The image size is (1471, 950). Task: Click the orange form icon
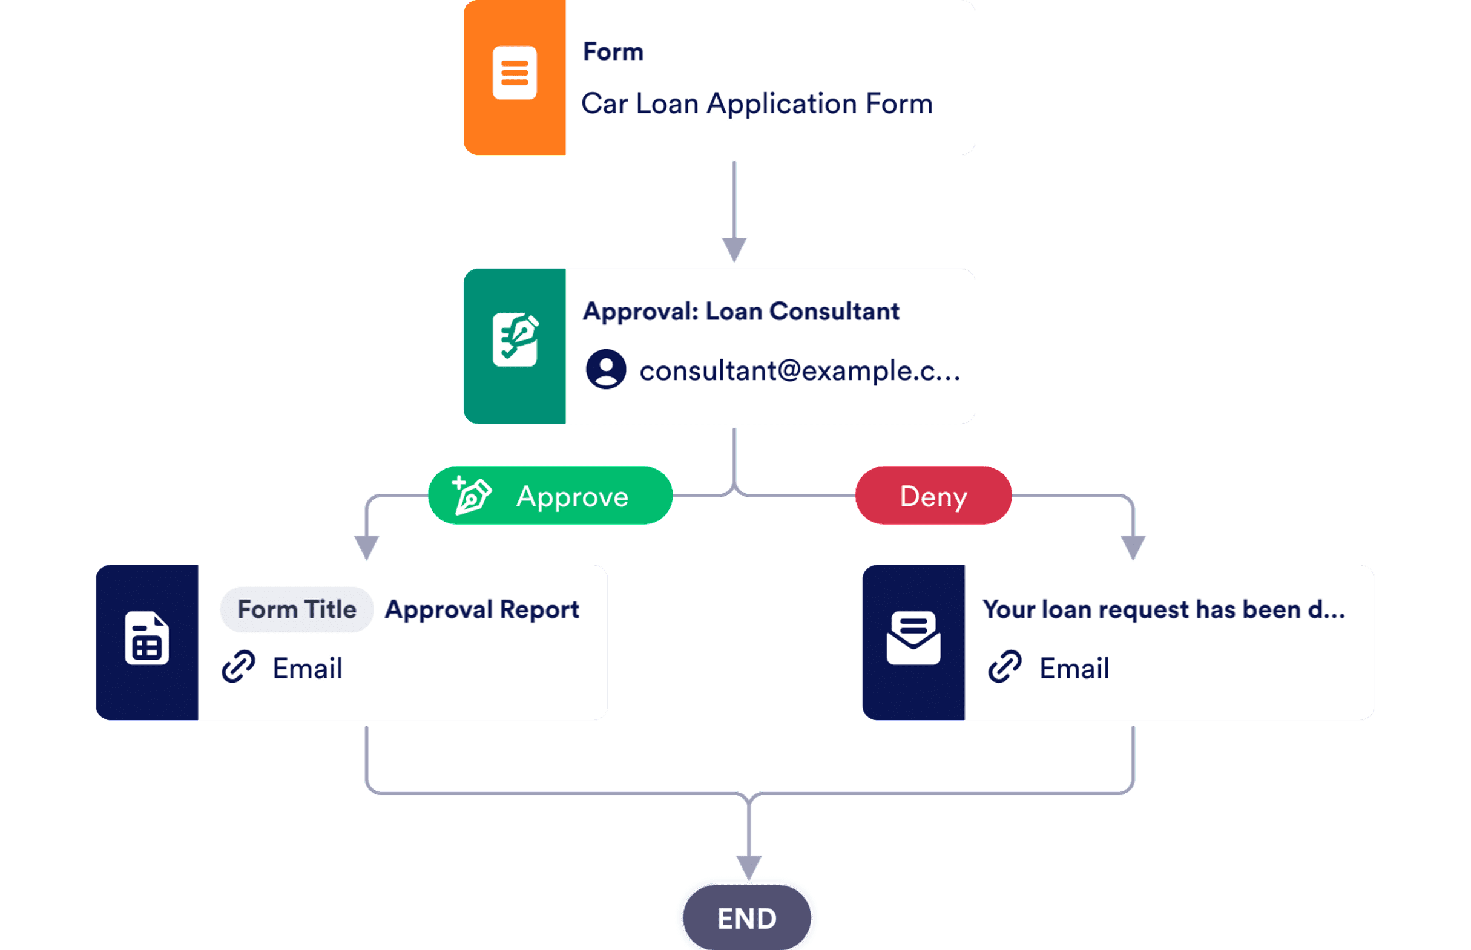tap(515, 73)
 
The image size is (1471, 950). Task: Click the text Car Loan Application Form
tap(757, 103)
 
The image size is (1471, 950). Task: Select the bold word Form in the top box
tap(613, 52)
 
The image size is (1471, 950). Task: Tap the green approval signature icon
tap(515, 340)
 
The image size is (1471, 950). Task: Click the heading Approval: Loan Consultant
tap(740, 312)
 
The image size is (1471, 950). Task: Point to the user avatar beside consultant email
tap(606, 369)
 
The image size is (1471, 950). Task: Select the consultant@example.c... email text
tap(800, 371)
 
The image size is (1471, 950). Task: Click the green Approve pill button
tap(550, 496)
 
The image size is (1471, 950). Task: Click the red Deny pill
tap(933, 496)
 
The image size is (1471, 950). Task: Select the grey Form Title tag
tap(297, 609)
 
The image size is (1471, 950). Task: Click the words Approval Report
tap(482, 609)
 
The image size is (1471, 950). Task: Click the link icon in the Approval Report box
tap(238, 666)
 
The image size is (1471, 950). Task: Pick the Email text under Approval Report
tap(308, 669)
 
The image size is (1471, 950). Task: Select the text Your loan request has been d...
tap(1163, 609)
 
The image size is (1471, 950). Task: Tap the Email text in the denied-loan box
tap(1074, 669)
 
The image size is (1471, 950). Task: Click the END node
tap(746, 918)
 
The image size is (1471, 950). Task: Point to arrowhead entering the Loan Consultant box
tap(734, 249)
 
